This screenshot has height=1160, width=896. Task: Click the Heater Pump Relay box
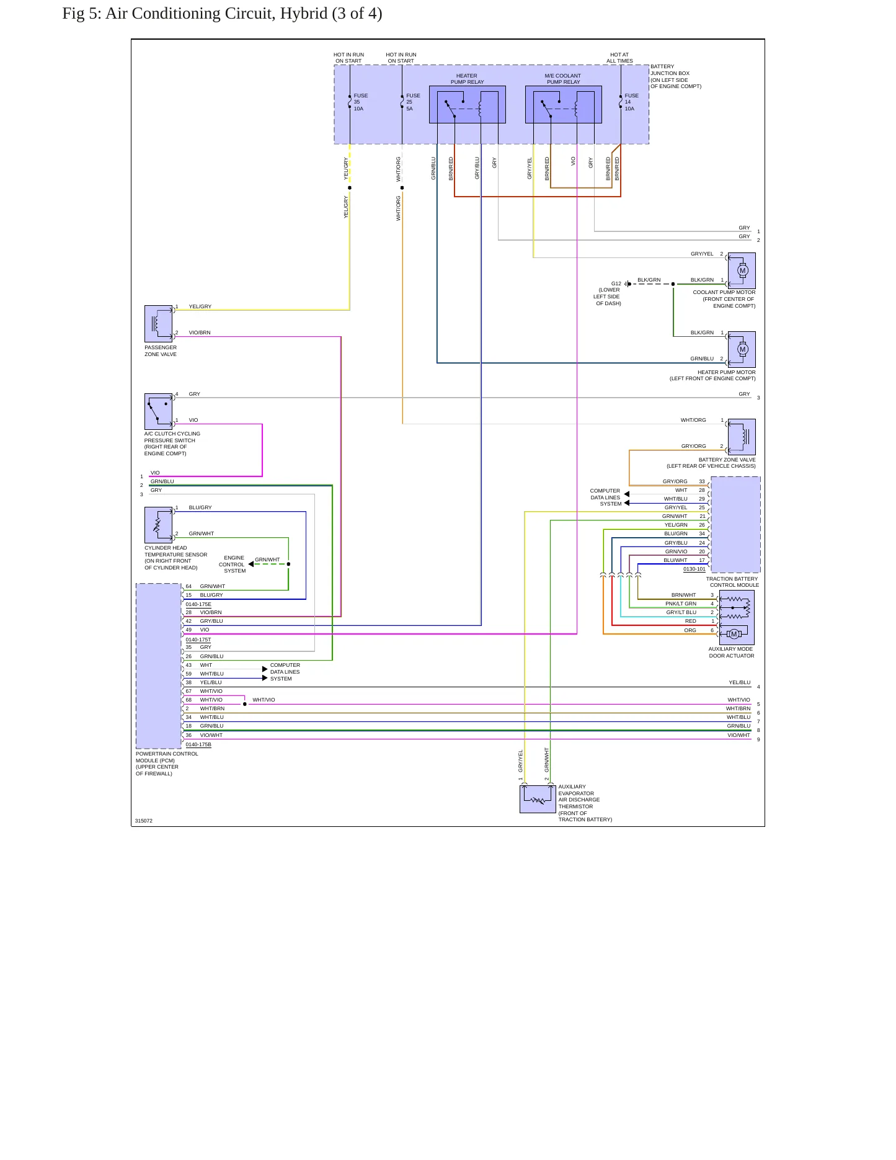coord(467,104)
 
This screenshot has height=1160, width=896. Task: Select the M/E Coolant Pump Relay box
coord(563,104)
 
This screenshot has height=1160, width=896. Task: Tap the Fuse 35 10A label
coord(360,102)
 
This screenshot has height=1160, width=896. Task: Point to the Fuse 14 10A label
coord(631,102)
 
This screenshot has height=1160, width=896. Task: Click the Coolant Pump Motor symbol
coord(742,270)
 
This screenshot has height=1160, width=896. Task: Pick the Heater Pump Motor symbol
coord(742,350)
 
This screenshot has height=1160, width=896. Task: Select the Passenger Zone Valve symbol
coord(158,324)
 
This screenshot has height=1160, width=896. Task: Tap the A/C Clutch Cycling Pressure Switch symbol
coord(158,411)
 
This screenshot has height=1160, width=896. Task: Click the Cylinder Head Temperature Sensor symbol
coord(158,525)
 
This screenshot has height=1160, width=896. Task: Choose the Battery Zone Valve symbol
coord(742,437)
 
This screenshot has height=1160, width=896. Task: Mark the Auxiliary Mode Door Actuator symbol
coord(737,617)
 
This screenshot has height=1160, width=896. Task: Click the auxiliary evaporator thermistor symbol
coord(538,800)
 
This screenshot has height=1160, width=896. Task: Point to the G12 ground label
coord(616,283)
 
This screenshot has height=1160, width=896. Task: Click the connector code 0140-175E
coord(198,604)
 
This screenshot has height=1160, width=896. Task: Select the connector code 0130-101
coord(694,569)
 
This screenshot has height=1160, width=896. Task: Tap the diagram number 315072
coord(144,821)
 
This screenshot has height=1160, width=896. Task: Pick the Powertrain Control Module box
coord(159,666)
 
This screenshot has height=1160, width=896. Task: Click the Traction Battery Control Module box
coord(735,525)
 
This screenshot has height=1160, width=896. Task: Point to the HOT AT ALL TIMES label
coord(619,58)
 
